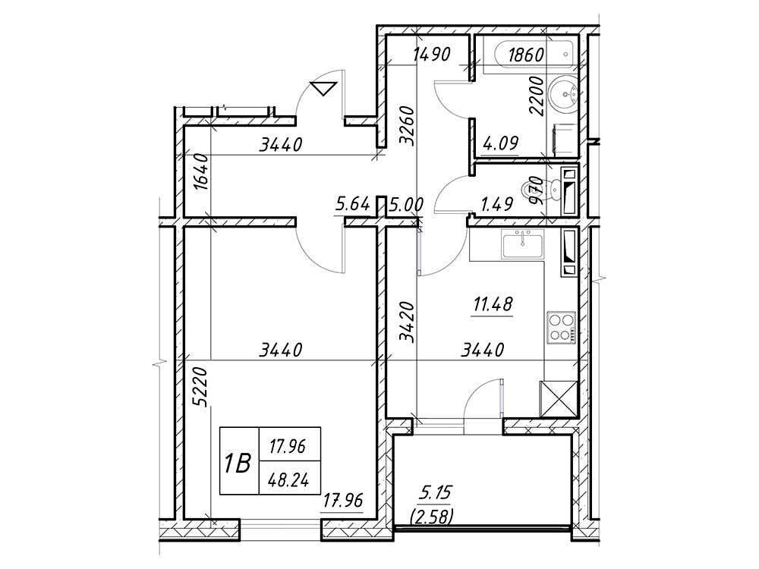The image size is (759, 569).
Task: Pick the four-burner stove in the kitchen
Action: click(x=562, y=328)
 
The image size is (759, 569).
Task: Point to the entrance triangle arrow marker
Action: click(x=323, y=89)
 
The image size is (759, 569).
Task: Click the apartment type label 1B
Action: click(x=238, y=464)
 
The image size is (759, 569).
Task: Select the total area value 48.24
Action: click(x=289, y=480)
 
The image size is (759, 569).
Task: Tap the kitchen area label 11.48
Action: click(x=493, y=305)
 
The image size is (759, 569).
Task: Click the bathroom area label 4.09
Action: click(x=500, y=143)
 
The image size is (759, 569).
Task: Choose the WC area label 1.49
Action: click(x=496, y=204)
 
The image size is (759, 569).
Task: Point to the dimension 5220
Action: click(x=200, y=387)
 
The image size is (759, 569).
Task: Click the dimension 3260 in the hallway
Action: click(x=408, y=126)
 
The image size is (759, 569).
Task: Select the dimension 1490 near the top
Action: click(x=432, y=54)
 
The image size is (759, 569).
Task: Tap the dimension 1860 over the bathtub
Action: click(x=526, y=55)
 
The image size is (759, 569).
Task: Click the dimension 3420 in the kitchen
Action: click(x=408, y=322)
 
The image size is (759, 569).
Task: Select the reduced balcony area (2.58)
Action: click(x=432, y=517)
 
